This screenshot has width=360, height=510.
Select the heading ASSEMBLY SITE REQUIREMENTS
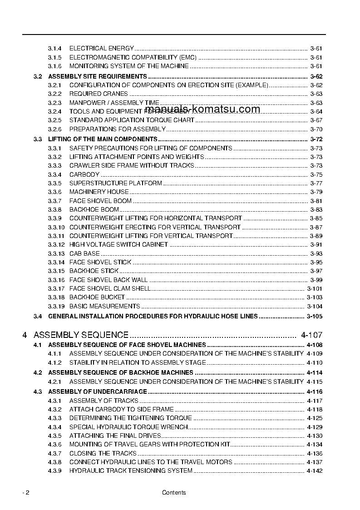pyautogui.click(x=97, y=76)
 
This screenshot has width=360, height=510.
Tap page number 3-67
pyautogui.click(x=316, y=120)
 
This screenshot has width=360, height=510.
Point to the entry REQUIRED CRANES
pyautogui.click(x=99, y=94)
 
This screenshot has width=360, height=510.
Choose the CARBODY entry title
pyautogui.click(x=84, y=174)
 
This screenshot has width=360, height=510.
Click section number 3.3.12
pyautogui.click(x=56, y=244)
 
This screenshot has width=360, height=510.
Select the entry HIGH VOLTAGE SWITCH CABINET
pyautogui.click(x=118, y=244)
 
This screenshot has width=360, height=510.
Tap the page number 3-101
pyautogui.click(x=315, y=288)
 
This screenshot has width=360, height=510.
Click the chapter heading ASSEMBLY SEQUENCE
pyautogui.click(x=81, y=335)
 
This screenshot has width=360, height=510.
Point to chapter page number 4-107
pyautogui.click(x=311, y=335)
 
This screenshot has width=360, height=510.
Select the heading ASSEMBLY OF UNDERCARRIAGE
pyautogui.click(x=97, y=391)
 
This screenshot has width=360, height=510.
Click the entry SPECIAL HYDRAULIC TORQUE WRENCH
pyautogui.click(x=128, y=427)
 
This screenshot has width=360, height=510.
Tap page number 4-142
pyautogui.click(x=315, y=470)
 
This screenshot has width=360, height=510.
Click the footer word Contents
pyautogui.click(x=174, y=493)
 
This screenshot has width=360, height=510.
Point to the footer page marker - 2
pyautogui.click(x=26, y=493)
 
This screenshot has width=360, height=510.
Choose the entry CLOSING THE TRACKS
pyautogui.click(x=103, y=453)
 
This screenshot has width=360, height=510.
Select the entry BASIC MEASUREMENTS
pyautogui.click(x=104, y=306)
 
